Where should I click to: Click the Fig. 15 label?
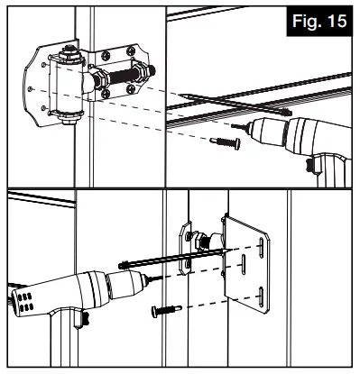point(319,21)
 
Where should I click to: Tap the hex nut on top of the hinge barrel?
point(69,53)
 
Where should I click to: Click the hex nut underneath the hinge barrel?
point(70,119)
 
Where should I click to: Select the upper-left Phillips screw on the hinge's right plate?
point(106,55)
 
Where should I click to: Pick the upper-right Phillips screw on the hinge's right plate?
point(131,50)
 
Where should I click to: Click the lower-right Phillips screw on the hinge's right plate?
point(131,88)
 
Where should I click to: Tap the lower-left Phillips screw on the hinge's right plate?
point(106,94)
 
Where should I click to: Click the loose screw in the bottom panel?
point(167,310)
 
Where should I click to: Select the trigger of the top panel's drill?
point(310,166)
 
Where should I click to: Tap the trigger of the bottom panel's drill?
point(85,320)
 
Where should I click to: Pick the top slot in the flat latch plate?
point(262,247)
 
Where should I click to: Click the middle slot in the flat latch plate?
point(243,265)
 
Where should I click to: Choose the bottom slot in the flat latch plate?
point(262,297)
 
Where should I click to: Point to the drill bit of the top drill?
point(240,127)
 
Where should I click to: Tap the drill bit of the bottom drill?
point(154,279)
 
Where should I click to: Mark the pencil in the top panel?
point(235,104)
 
